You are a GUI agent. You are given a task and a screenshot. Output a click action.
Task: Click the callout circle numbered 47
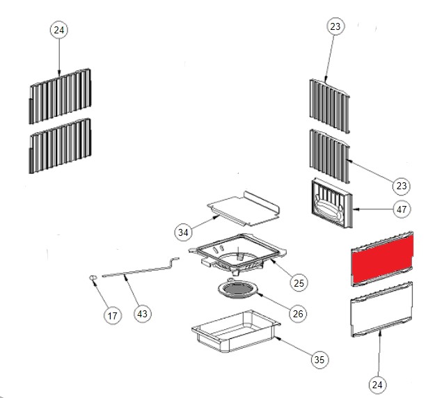pos(402,209)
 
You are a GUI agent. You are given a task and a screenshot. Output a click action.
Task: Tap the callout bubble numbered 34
pos(183,232)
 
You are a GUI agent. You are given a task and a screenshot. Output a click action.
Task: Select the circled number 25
pos(299,282)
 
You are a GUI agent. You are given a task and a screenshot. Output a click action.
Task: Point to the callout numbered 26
pos(298,314)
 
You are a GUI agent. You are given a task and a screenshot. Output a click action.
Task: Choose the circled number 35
pos(319,360)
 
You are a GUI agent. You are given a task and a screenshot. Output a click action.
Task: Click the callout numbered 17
pos(113,316)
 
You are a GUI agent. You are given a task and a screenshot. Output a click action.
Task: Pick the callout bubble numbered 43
pos(142,314)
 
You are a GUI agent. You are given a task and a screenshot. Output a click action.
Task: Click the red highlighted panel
pos(382,259)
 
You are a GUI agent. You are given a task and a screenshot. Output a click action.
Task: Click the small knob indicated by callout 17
pos(93,278)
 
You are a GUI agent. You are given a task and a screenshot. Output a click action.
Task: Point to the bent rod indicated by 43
pos(141,269)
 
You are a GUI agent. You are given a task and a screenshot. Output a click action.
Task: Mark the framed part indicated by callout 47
pos(332,203)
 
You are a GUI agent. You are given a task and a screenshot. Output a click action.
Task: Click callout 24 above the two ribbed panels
pos(59,30)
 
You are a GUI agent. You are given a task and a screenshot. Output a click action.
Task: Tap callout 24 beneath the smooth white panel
pos(377,385)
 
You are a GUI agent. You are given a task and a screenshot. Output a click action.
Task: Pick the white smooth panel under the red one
pos(381,309)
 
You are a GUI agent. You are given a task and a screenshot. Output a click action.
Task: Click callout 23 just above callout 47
pos(401,186)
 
